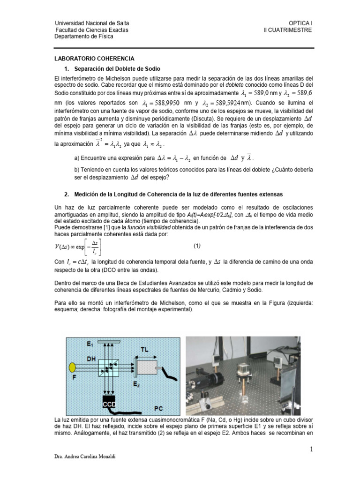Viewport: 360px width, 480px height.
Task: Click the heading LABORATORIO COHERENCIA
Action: (95, 59)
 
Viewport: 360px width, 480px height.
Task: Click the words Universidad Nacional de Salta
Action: (92, 23)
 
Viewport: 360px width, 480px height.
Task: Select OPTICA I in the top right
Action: (300, 23)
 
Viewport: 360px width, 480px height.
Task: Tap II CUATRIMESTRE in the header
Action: (287, 30)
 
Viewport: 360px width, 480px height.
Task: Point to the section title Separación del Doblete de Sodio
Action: (117, 68)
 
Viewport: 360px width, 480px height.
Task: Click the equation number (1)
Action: (197, 246)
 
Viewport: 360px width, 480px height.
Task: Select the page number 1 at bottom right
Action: (311, 450)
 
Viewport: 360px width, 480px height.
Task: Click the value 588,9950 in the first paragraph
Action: (165, 103)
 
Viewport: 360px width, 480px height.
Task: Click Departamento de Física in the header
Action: (84, 37)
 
